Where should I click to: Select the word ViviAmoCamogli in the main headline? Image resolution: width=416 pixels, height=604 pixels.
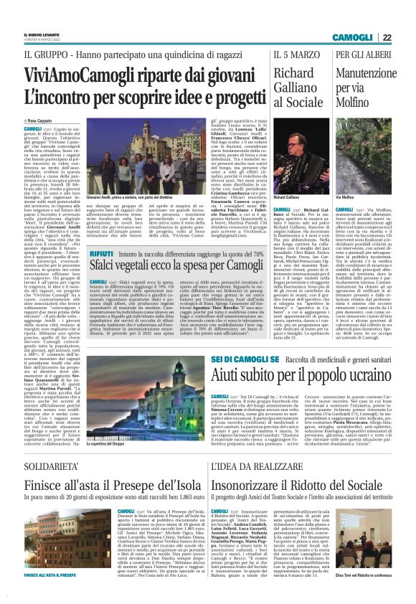[72, 74]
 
